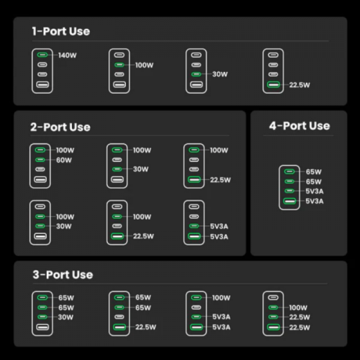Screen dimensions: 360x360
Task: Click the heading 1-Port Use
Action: (61, 31)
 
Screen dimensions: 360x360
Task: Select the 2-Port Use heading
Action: (60, 127)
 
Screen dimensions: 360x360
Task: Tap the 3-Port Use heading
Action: (62, 274)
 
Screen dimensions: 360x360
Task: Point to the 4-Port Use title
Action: (299, 125)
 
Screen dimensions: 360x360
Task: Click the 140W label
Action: (67, 55)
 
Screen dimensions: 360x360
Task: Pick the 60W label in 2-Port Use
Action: (64, 160)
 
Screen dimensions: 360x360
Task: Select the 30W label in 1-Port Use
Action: (220, 74)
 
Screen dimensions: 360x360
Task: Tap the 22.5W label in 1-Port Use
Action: (299, 85)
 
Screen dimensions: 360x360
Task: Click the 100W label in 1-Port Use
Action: (144, 65)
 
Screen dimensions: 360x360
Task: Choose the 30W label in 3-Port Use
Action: (66, 317)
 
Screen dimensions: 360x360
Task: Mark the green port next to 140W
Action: (42, 55)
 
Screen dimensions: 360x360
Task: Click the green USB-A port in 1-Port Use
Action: (273, 85)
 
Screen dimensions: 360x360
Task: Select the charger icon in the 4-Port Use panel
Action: (290, 187)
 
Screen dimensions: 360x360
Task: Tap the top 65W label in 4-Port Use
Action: (314, 172)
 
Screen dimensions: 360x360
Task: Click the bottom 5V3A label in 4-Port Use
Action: (315, 201)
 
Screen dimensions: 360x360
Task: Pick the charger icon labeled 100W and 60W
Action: (41, 164)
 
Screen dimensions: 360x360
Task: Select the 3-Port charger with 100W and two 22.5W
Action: (273, 312)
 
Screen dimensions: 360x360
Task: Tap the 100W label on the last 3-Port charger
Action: (299, 307)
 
